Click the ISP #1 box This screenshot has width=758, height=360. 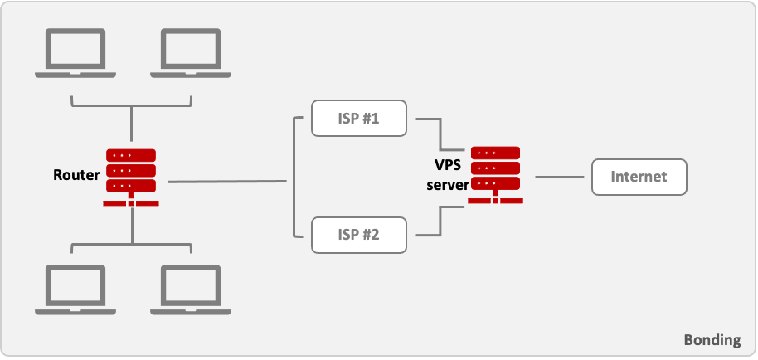[359, 119]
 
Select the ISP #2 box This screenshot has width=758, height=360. [359, 234]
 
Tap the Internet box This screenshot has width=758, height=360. [639, 177]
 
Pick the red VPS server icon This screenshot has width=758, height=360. [495, 175]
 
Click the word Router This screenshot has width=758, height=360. [76, 175]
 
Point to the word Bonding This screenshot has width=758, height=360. [712, 340]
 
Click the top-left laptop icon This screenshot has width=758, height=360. [74, 53]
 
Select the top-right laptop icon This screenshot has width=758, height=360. [189, 53]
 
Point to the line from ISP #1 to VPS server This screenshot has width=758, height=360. [439, 133]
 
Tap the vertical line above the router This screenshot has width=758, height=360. [131, 124]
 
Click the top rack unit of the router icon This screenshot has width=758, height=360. [131, 155]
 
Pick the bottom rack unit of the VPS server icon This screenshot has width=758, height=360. [495, 183]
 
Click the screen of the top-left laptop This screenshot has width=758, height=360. [74, 49]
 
